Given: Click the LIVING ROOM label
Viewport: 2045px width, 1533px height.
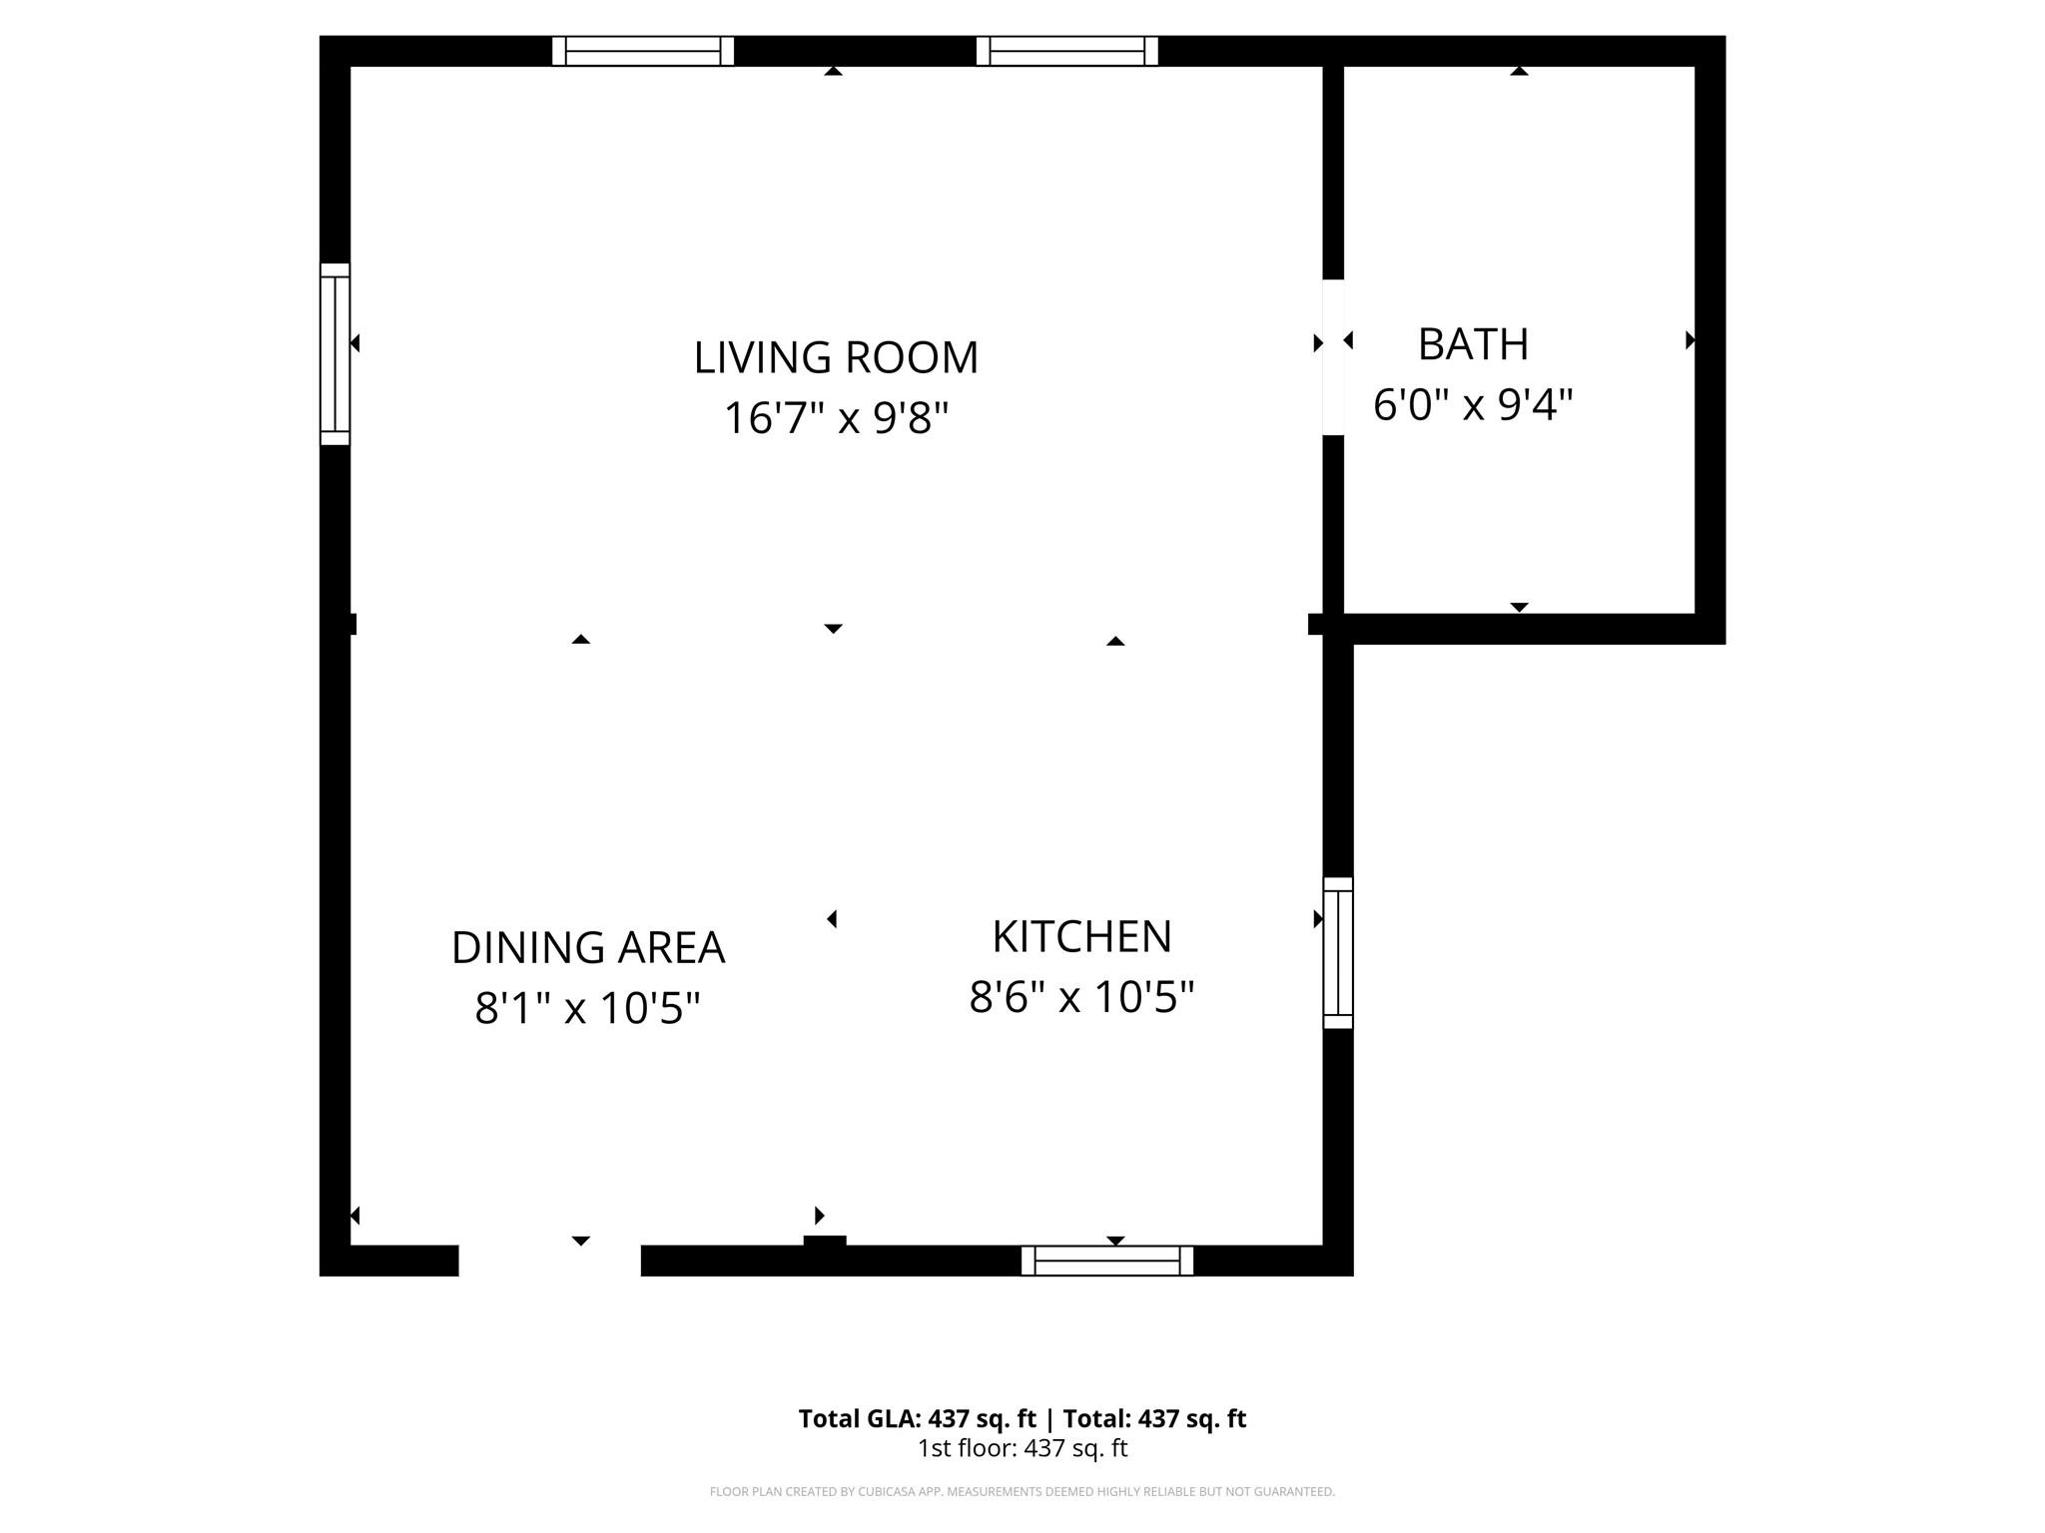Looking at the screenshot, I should click(x=836, y=358).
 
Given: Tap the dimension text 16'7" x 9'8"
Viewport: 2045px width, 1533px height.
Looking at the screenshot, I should click(x=836, y=418).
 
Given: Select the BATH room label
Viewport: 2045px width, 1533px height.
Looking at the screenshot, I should click(x=1473, y=345).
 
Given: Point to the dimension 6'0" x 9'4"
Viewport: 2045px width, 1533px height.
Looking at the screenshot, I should click(x=1473, y=405).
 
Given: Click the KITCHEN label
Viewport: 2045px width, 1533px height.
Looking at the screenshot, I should click(x=1081, y=937).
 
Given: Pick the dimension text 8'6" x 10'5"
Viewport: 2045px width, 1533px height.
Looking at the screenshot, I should click(x=1081, y=997).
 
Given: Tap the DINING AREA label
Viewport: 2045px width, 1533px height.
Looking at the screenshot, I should click(x=588, y=948).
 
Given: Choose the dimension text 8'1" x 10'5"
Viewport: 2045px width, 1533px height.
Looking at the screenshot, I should click(x=588, y=1008).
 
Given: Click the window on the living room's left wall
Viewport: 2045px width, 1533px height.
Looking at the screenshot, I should click(x=336, y=354).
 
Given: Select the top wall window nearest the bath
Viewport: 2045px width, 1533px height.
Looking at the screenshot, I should click(x=1067, y=51).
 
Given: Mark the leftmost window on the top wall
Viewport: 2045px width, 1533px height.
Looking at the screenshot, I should click(x=643, y=51).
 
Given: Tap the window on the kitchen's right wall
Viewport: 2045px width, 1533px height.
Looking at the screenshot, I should click(x=1338, y=953).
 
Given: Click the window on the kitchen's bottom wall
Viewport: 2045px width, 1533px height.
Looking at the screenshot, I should click(x=1107, y=1261).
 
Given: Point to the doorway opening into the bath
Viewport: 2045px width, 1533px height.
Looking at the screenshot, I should click(x=1333, y=357).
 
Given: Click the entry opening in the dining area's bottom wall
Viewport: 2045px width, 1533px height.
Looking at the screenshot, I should click(x=549, y=1260).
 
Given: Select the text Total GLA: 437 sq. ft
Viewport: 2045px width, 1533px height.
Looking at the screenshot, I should click(x=917, y=1418).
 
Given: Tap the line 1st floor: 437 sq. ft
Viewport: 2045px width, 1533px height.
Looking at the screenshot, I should click(x=1022, y=1448).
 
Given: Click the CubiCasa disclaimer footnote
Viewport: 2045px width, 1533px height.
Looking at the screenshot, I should click(x=1022, y=1492).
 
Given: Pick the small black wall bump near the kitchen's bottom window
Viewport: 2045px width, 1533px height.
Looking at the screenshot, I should click(x=825, y=1242).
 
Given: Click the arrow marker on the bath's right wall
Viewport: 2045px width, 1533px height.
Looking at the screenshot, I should click(x=1690, y=340).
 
